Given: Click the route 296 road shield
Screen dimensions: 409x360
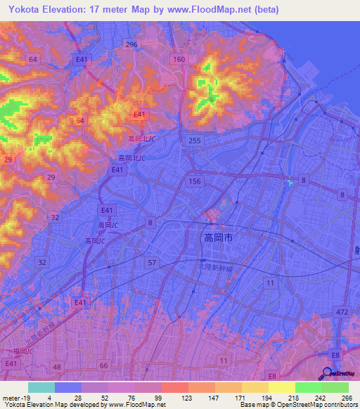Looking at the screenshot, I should coord(130,44).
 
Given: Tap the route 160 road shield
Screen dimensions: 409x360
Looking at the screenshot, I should coord(179,60).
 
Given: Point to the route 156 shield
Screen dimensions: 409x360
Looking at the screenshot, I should coord(195,181).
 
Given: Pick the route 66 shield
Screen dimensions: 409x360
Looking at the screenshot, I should coord(104,365).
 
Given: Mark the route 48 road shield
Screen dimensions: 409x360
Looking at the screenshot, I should coord(56,367).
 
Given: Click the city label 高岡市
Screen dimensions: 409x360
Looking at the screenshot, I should coord(217,239).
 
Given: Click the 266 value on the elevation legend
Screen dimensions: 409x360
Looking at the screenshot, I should coord(347,398).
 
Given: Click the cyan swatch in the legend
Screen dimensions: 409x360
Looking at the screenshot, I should coord(41,387).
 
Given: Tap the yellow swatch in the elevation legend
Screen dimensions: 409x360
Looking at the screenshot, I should coord(281,387).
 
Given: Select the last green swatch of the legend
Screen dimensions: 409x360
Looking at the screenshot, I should coord(335,387).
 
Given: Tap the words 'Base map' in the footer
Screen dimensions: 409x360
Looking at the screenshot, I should coord(252,404).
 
